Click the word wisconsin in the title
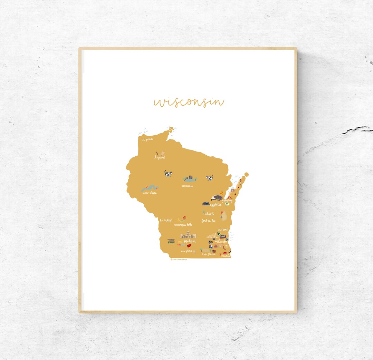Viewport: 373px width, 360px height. point(189,102)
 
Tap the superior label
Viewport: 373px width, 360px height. point(148,139)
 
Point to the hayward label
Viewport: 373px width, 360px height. point(160,158)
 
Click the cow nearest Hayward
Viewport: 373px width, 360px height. point(168,174)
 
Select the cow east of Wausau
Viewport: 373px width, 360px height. point(209,178)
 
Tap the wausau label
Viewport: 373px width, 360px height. point(187,186)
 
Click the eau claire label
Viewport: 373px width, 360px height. point(150,193)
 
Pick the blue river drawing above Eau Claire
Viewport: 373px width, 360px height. point(150,188)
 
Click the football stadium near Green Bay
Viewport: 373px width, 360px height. point(217,198)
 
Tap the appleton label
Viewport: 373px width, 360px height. point(216,205)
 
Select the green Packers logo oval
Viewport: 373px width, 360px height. point(227,204)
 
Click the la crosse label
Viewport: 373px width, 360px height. point(166,220)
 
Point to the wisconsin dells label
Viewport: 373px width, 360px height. point(183,225)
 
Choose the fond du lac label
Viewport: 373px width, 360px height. point(208,221)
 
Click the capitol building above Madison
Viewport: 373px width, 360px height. point(188,235)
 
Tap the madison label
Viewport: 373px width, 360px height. point(190,241)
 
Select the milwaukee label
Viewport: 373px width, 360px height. point(221,242)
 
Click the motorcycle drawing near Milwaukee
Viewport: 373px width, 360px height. point(210,242)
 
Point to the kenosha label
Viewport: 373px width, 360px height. point(226,256)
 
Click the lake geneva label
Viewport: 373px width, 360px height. point(209,254)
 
